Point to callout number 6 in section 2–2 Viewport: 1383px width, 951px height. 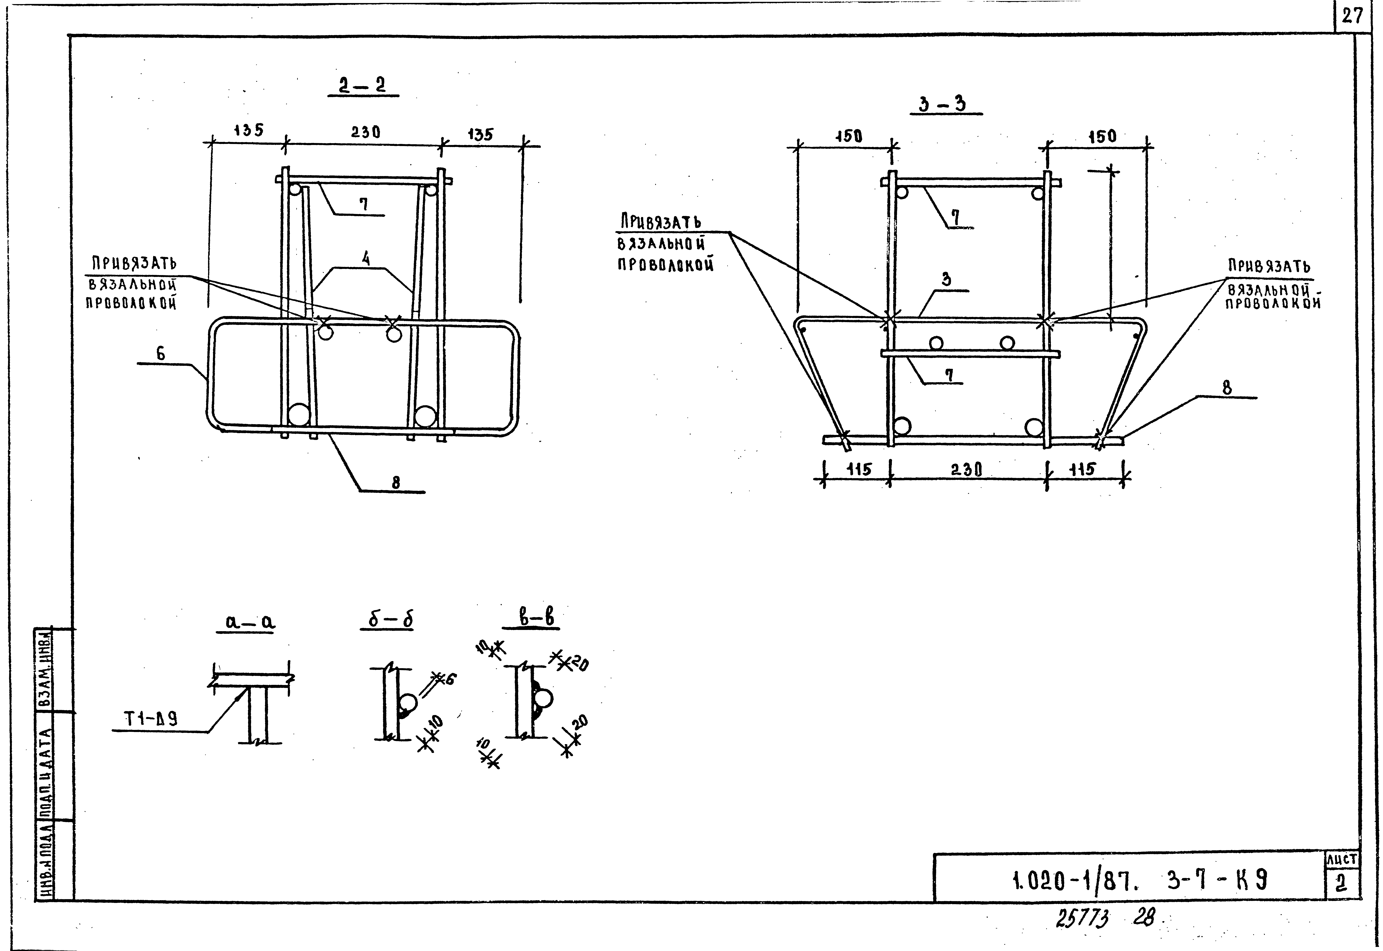(x=160, y=353)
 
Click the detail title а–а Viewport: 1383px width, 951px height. (x=250, y=622)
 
